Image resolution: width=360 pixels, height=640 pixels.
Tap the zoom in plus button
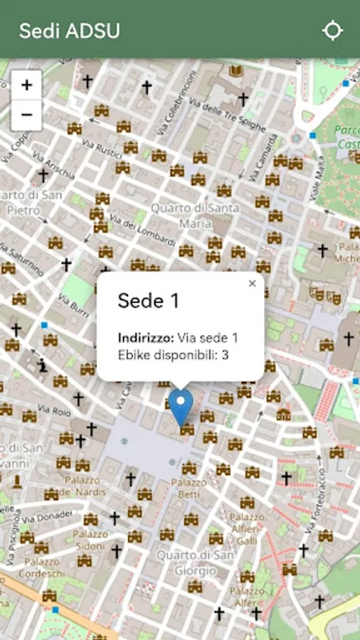[x=26, y=85]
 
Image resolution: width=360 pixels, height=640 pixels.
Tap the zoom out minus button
[x=26, y=114]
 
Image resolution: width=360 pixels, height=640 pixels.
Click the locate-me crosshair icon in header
[x=332, y=31]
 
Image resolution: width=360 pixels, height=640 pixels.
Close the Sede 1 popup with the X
[x=252, y=284]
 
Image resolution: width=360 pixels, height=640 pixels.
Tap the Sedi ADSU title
[x=69, y=31]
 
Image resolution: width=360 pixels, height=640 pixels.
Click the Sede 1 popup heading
[x=148, y=301]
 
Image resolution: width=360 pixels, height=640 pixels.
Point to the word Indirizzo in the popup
[x=146, y=338]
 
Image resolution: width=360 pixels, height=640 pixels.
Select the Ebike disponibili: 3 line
[x=173, y=354]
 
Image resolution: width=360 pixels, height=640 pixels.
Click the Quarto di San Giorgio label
[x=186, y=562]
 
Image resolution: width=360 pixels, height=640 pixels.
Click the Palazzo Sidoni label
[x=90, y=540]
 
